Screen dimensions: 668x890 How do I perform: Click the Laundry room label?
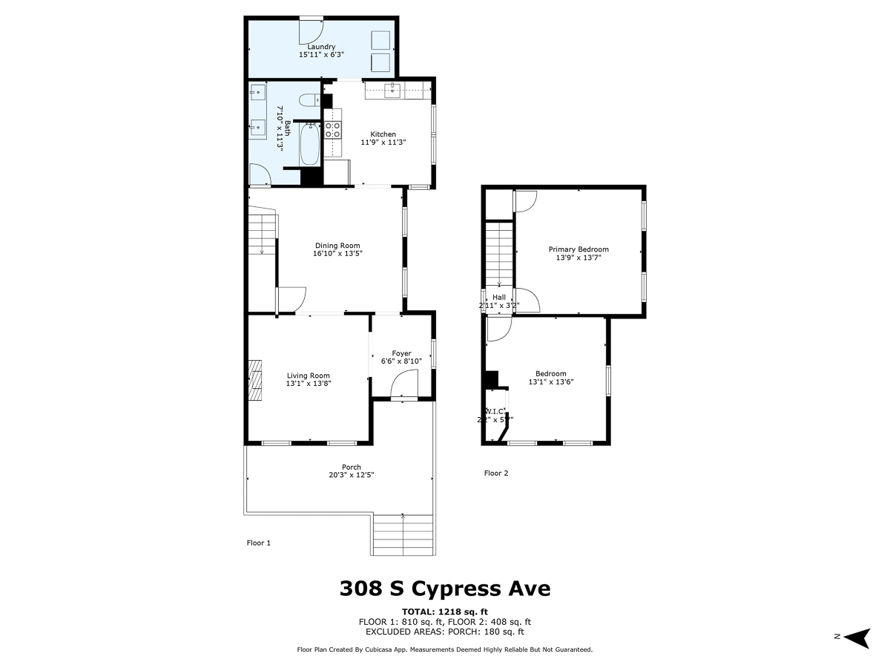(x=321, y=47)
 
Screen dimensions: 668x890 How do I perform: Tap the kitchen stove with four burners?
(x=333, y=130)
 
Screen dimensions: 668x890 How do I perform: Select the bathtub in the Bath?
(x=309, y=145)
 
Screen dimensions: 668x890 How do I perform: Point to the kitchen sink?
(x=392, y=91)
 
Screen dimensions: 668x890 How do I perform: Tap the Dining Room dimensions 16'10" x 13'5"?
(x=337, y=254)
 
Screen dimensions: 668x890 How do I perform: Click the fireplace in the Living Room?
(x=255, y=380)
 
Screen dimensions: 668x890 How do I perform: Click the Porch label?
(x=352, y=467)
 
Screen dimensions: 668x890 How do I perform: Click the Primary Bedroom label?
(x=578, y=249)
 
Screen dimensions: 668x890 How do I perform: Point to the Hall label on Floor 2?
(x=499, y=298)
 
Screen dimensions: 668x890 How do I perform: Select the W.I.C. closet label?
(x=495, y=411)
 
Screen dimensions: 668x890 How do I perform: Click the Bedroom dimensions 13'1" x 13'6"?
(x=551, y=382)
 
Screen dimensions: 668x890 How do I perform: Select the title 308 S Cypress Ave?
(x=445, y=589)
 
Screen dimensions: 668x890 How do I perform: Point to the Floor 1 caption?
(x=259, y=543)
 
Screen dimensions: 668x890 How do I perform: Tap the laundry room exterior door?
(x=311, y=27)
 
